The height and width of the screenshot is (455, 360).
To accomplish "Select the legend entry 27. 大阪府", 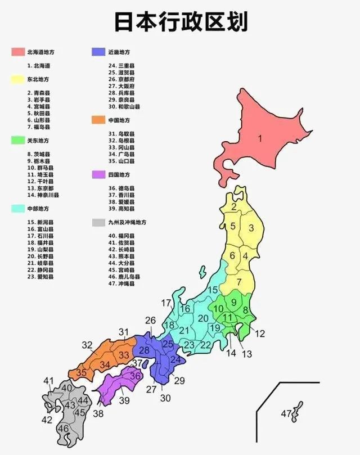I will (x=121, y=86).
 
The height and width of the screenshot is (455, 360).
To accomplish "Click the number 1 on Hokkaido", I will (x=260, y=138).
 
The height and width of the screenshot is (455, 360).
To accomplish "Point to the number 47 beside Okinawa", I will (x=286, y=414).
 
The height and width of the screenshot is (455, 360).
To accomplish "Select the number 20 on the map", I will (x=203, y=318).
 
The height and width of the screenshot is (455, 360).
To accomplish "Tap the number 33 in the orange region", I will (x=124, y=355).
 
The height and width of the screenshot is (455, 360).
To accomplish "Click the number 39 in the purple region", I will (x=124, y=400).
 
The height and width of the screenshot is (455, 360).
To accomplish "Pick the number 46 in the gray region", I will (x=64, y=429).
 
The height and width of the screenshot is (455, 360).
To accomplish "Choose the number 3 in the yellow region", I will (x=251, y=228).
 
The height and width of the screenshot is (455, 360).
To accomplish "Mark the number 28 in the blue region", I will (x=145, y=350).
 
